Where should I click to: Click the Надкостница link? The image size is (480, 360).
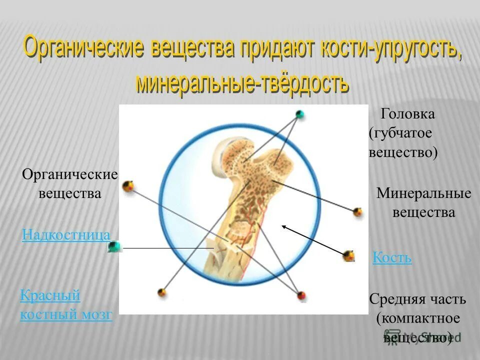[66, 234]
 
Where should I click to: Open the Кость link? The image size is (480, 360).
[392, 258]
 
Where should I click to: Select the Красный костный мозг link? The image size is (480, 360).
[66, 305]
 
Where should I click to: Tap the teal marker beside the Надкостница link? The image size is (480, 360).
[114, 246]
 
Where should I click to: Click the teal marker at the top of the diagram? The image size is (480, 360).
[299, 113]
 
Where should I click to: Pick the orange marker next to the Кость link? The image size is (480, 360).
[349, 256]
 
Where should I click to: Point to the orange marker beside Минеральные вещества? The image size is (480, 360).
[357, 211]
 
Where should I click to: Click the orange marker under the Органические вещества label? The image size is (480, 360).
[128, 186]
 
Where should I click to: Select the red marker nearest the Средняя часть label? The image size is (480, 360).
[301, 295]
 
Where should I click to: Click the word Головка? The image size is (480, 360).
[407, 114]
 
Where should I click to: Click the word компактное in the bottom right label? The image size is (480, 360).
[418, 318]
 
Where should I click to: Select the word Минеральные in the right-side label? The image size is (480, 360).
[423, 193]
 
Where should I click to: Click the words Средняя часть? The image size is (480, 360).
[417, 300]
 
